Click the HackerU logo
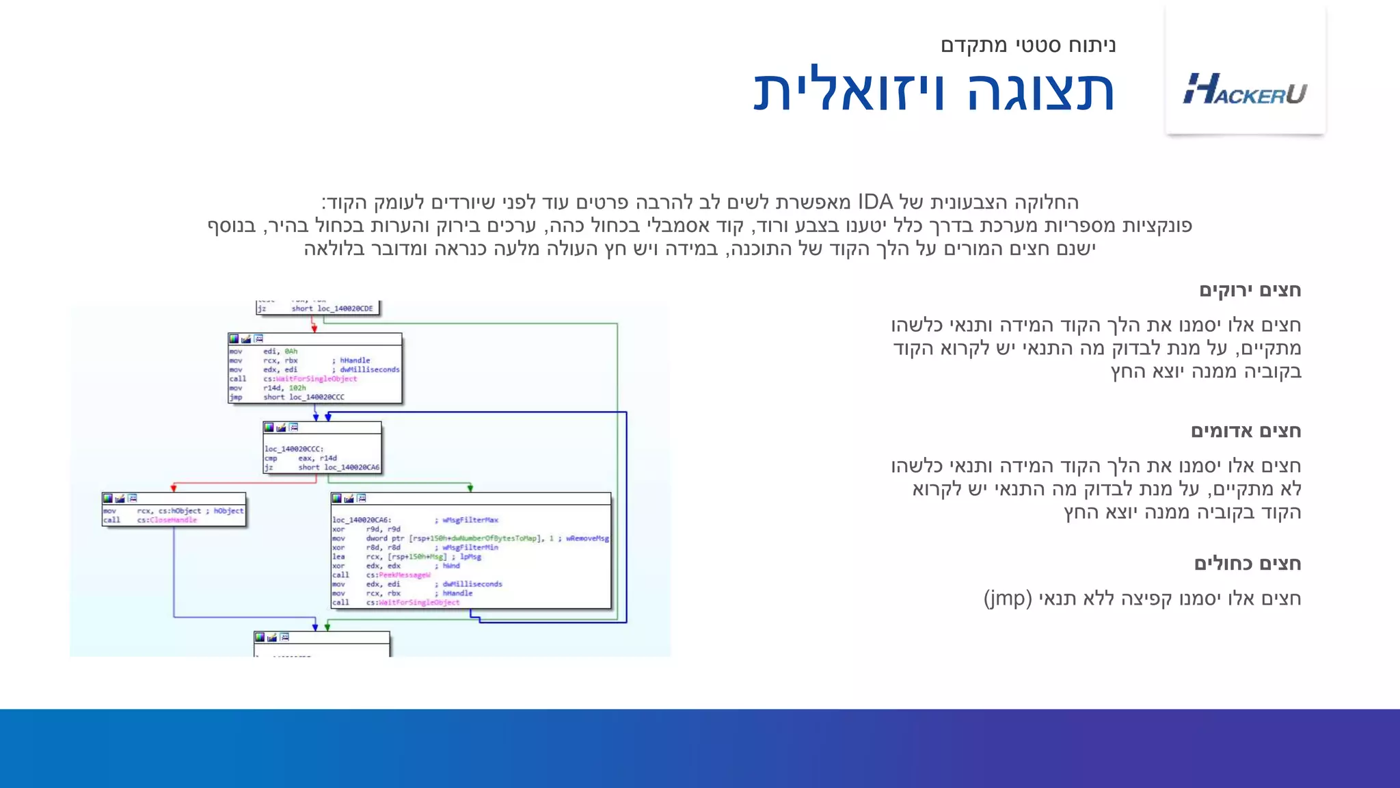pyautogui.click(x=1245, y=89)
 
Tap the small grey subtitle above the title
pyautogui.click(x=1027, y=45)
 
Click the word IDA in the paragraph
pyautogui.click(x=876, y=202)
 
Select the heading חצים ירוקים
pyautogui.click(x=1250, y=290)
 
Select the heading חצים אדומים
pyautogui.click(x=1246, y=431)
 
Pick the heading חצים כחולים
pyautogui.click(x=1247, y=564)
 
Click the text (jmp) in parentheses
pyautogui.click(x=1008, y=599)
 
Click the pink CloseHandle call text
pyautogui.click(x=174, y=520)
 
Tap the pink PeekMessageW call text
pyautogui.click(x=405, y=575)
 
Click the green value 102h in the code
pyautogui.click(x=297, y=388)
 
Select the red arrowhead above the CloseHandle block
pyautogui.click(x=174, y=488)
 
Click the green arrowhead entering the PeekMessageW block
pyautogui.click(x=470, y=488)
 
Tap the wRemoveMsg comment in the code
pyautogui.click(x=587, y=538)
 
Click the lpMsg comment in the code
pyautogui.click(x=470, y=557)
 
